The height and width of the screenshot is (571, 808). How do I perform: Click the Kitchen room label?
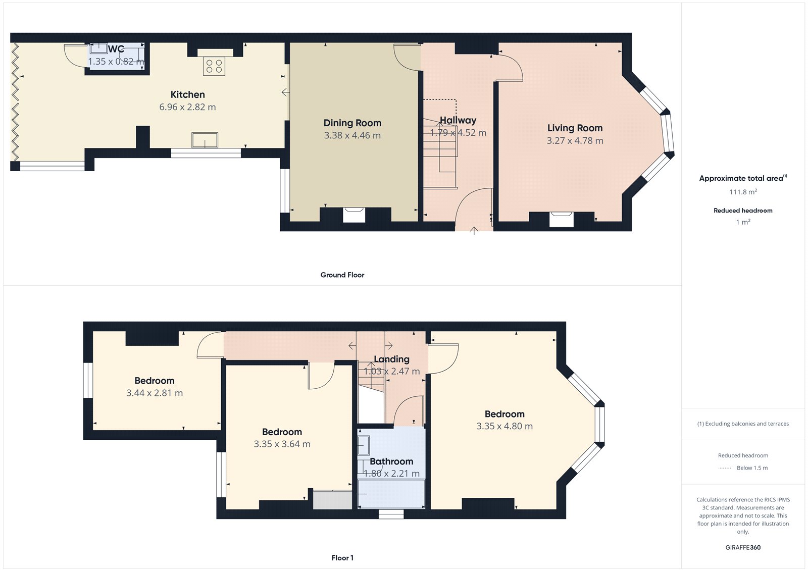point(187,94)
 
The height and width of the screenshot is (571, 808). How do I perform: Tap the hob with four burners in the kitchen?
point(214,66)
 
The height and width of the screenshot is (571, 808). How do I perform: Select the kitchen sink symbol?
point(205,140)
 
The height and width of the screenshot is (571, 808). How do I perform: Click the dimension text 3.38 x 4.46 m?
point(352,135)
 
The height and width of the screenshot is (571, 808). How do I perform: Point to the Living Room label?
point(575,128)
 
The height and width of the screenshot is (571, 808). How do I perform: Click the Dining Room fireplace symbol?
point(353,214)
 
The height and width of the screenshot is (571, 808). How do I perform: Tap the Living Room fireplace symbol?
point(561,219)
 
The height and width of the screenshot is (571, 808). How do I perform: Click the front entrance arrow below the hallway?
point(474,231)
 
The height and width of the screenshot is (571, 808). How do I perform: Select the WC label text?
point(116,49)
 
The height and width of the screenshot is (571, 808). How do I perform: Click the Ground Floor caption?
point(342,275)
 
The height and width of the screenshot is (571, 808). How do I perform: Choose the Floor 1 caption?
point(342,558)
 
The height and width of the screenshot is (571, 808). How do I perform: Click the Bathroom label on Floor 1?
point(391,461)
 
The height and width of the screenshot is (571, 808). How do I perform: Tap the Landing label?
point(391,359)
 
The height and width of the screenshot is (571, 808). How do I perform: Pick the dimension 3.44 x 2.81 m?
point(155,393)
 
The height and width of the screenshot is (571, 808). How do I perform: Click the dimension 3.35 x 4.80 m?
point(504,426)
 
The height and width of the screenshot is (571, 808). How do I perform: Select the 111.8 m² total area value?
point(742,192)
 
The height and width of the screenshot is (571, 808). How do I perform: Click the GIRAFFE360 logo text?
point(743,547)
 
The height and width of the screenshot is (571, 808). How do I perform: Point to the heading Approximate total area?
point(741,178)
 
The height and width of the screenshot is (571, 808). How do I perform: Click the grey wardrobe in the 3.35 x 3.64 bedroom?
point(332,499)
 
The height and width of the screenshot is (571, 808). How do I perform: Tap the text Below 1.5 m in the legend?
point(752,468)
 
